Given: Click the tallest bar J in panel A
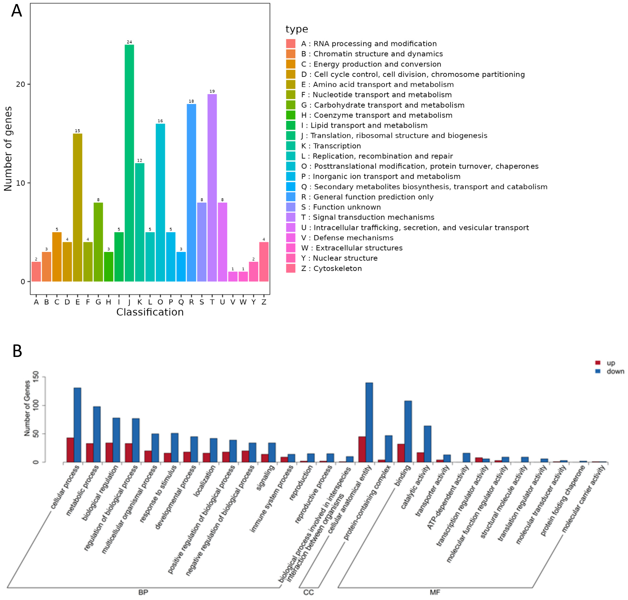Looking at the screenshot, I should [129, 163].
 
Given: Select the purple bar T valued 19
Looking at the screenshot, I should [212, 188].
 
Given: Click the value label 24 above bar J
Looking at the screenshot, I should [129, 42].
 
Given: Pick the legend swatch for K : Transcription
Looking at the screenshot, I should [291, 146].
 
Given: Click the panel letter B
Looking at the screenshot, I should [17, 351].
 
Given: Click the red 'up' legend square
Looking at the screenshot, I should [598, 363].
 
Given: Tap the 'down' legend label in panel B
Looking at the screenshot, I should [615, 371].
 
